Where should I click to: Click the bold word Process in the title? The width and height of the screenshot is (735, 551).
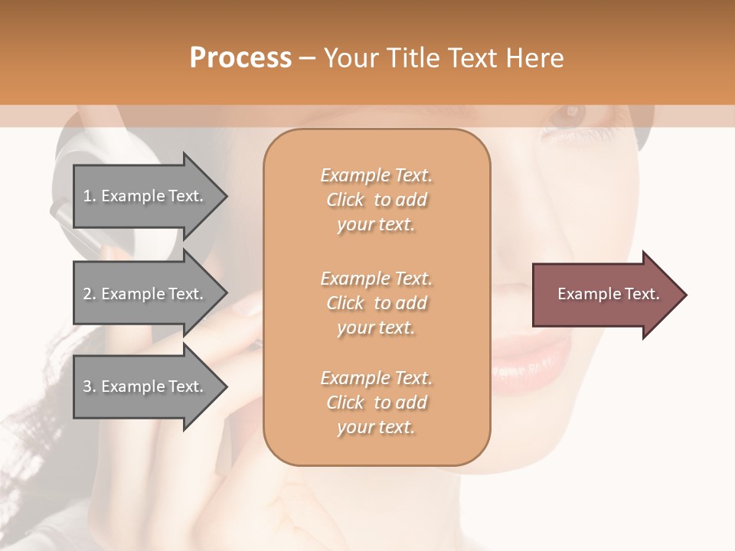(x=240, y=58)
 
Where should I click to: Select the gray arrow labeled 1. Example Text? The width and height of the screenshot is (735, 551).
(x=145, y=196)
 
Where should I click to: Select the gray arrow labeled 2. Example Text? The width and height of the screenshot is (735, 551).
(x=145, y=294)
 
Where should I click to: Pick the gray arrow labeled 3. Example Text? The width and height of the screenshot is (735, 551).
(x=145, y=386)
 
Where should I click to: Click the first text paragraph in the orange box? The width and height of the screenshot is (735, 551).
(x=376, y=200)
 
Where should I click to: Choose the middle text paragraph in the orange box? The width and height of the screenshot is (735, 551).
(x=376, y=303)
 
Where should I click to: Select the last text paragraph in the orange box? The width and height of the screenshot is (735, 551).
(x=376, y=403)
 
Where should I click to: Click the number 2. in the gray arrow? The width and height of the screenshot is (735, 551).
(x=90, y=294)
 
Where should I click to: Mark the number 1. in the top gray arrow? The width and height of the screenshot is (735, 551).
(x=90, y=196)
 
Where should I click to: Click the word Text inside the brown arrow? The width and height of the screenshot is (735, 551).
(x=643, y=294)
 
